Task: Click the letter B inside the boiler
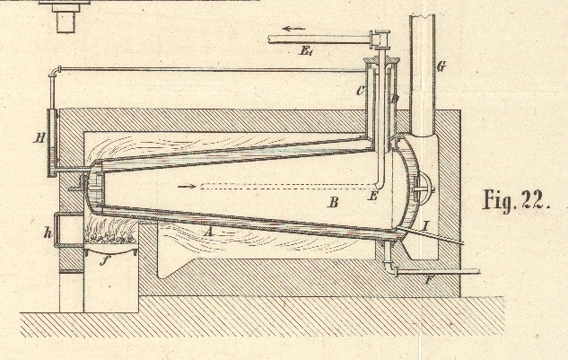coord(333,205)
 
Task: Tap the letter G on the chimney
coord(440,67)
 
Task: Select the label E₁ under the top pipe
coord(309,53)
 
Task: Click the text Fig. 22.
coord(514,199)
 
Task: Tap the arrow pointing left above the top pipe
coord(293,29)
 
